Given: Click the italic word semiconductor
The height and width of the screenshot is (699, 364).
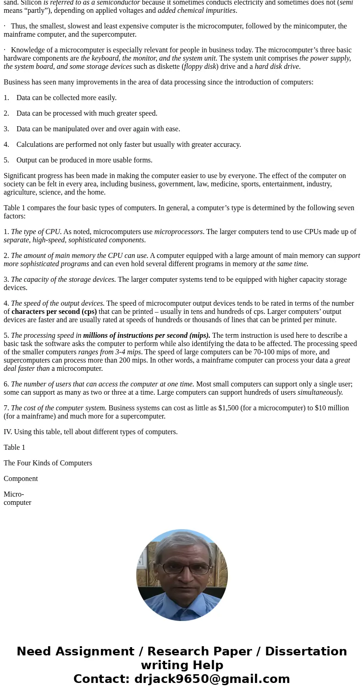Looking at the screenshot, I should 118,2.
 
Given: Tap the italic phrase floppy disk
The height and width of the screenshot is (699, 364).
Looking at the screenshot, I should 200,67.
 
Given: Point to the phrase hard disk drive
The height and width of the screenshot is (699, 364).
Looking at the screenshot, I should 277,67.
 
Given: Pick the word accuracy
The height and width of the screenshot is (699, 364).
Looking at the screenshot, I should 226,145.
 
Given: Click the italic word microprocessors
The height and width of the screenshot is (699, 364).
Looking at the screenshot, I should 178,232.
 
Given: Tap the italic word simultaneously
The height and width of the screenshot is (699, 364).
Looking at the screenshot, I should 320,392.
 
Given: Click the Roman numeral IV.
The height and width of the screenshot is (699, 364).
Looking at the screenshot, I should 8,432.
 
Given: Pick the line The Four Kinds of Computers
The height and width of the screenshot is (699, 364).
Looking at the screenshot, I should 48,463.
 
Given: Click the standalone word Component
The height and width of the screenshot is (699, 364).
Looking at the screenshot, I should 21,479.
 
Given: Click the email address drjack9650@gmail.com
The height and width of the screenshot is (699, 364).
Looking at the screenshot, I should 212,679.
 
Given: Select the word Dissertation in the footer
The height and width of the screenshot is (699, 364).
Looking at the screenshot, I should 306,651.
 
